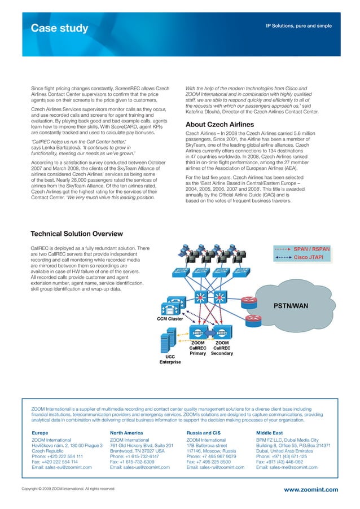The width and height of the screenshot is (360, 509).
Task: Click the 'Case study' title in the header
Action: [x=59, y=28]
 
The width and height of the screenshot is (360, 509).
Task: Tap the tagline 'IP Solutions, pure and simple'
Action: [x=299, y=26]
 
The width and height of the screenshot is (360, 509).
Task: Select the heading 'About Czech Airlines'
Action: [x=220, y=125]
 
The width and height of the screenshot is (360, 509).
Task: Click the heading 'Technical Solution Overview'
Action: [x=76, y=234]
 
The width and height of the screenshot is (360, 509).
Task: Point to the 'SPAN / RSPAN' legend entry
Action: [x=311, y=248]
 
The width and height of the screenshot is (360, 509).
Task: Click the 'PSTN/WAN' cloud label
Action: [x=291, y=306]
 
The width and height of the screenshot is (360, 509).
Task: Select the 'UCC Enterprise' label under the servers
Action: [x=170, y=359]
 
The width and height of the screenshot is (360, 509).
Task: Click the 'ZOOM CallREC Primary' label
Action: [x=197, y=348]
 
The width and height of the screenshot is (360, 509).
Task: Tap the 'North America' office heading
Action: [x=126, y=433]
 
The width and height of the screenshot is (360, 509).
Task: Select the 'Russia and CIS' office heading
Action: [x=205, y=433]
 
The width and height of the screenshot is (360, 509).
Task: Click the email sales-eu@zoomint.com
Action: [x=62, y=467]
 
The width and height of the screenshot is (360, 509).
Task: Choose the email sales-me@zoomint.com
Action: [x=287, y=467]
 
